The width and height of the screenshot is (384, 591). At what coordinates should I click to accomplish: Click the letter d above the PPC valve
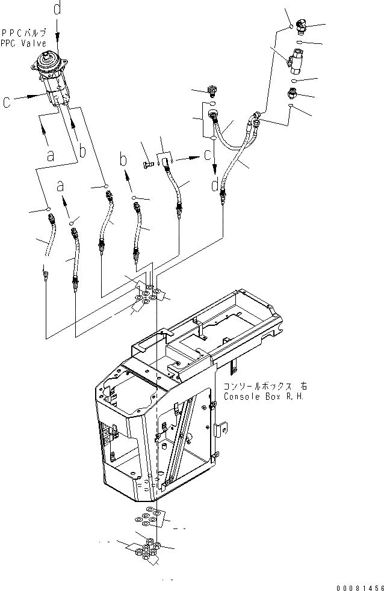pos(57,9)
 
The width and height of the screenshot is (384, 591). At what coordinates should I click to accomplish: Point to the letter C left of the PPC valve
pos(7,103)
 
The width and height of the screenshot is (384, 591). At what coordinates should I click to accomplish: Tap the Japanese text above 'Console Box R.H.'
pos(256,387)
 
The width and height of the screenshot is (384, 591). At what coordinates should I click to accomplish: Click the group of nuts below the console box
pos(147,548)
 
